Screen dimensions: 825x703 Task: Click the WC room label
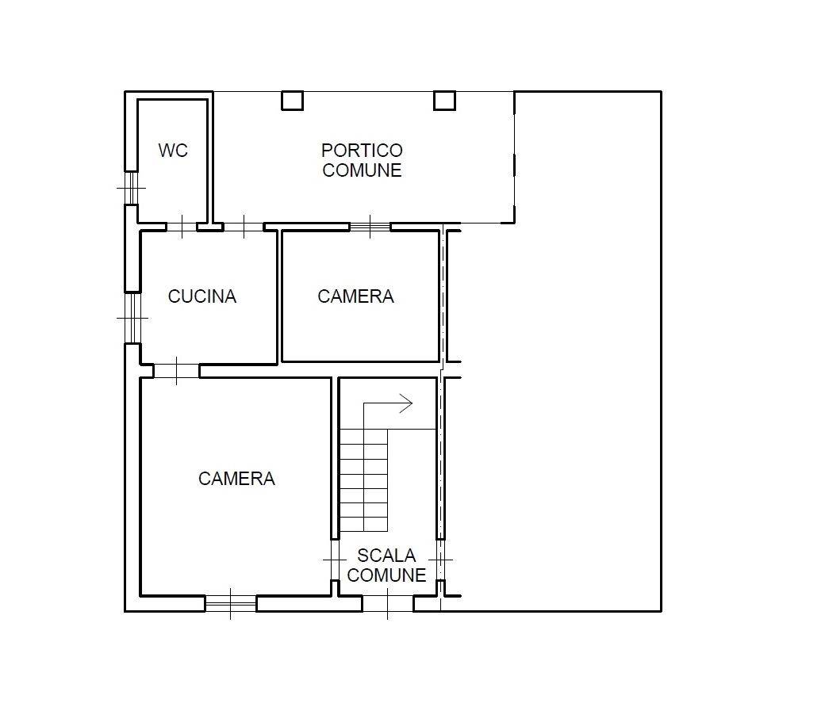point(173,151)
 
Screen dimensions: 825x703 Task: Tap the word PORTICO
point(362,151)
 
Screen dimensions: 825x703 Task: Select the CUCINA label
point(202,296)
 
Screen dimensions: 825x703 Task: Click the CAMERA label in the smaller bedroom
point(355,296)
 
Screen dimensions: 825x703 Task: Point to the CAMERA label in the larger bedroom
point(236,479)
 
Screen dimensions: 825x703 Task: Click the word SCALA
point(387,556)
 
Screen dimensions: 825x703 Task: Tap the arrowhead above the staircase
point(407,404)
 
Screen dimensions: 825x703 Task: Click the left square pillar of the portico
point(292,101)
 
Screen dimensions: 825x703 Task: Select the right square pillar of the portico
point(444,101)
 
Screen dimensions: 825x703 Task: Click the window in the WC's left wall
point(131,188)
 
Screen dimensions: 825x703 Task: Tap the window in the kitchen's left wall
point(132,318)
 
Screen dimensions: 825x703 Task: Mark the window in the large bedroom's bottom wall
point(231,604)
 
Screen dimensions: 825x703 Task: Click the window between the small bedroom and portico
point(370,227)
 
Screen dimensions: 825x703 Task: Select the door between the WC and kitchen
point(182,227)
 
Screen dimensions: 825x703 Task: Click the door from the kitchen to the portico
point(244,227)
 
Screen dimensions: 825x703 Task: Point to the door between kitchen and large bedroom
point(176,371)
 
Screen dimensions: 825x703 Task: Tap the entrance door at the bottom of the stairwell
point(388,604)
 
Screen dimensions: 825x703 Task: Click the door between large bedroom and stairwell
point(335,560)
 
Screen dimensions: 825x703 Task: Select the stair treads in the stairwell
point(363,480)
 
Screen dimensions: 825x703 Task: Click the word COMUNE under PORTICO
point(362,170)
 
